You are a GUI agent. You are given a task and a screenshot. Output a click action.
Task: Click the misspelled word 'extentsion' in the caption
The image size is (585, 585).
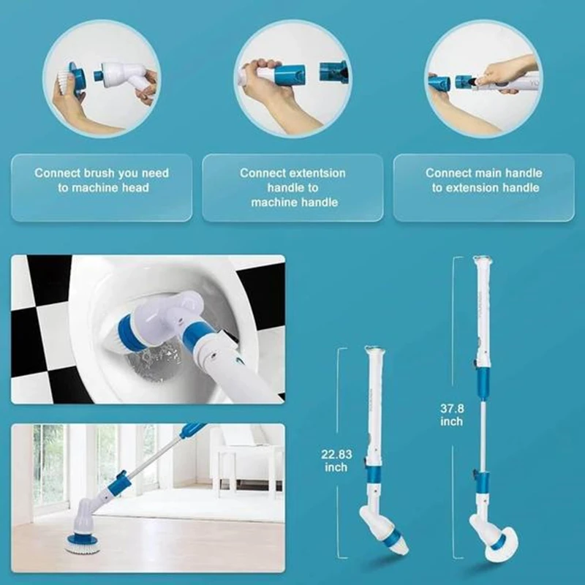coord(317,173)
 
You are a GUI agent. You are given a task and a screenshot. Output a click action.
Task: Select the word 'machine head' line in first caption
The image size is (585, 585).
coord(102,188)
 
